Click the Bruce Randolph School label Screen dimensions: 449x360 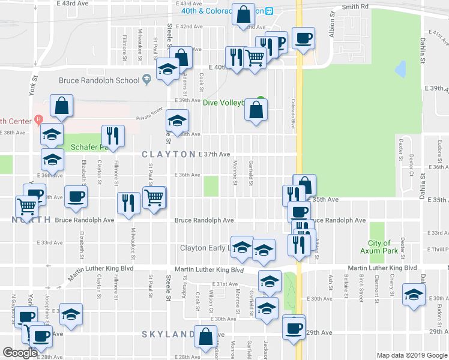pyautogui.click(x=99, y=80)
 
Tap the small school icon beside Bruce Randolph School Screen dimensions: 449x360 pyautogui.click(x=146, y=80)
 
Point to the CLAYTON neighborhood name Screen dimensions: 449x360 pyautogui.click(x=168, y=155)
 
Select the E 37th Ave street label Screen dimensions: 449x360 pyautogui.click(x=214, y=154)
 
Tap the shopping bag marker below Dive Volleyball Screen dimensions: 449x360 pyautogui.click(x=256, y=110)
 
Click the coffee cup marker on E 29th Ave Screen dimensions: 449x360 pyautogui.click(x=294, y=328)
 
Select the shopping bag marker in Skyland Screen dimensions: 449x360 pyautogui.click(x=206, y=337)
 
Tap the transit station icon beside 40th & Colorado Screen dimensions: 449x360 pyautogui.click(x=270, y=11)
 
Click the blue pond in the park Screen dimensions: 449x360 pyautogui.click(x=400, y=70)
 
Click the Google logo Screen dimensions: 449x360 pyautogui.click(x=20, y=353)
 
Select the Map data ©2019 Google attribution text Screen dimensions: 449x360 pyautogui.click(x=411, y=355)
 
